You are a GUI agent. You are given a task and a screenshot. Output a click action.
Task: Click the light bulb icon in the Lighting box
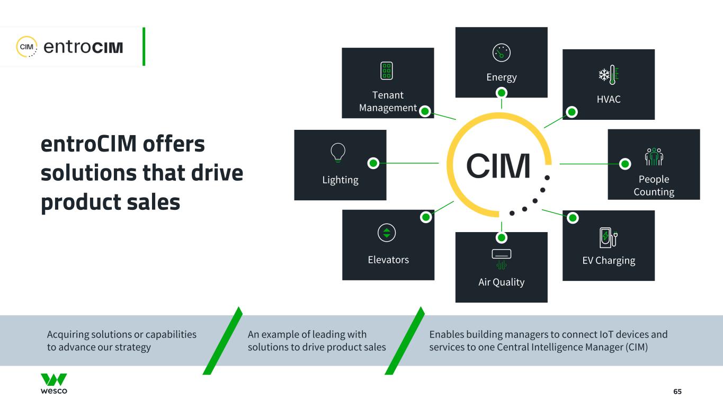pos(338,152)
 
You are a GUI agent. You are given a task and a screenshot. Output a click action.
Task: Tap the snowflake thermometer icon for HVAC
pos(609,75)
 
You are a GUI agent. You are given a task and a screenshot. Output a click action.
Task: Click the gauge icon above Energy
pos(501,52)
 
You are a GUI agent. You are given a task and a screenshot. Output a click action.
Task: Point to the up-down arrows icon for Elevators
pos(387,233)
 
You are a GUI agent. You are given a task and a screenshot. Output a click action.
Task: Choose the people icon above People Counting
pos(654,156)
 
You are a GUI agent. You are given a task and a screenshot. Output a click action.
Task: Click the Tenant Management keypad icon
pos(387,71)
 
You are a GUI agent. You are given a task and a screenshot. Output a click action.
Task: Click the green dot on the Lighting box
pos(373,163)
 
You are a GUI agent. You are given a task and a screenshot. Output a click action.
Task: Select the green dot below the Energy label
pos(502,93)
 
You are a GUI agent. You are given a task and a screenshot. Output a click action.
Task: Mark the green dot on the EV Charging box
pos(572,217)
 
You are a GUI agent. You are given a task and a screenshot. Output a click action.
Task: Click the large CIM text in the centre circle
pos(498,166)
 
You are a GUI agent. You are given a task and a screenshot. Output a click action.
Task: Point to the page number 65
pos(677,391)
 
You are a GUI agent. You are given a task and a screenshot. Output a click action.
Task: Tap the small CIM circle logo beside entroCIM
pos(26,47)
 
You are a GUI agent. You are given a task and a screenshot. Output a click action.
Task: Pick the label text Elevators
pos(388,260)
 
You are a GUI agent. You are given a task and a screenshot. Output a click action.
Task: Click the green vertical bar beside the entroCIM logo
pos(144,47)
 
